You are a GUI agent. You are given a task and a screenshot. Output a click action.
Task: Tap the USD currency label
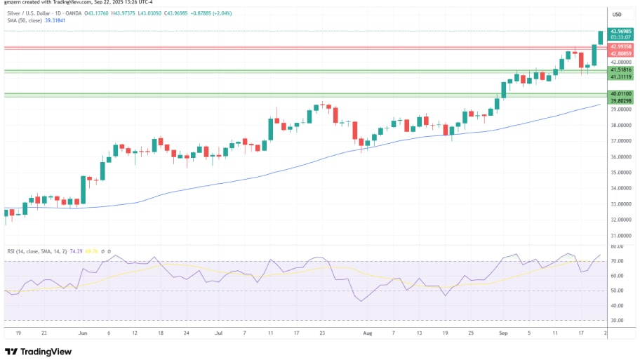618,14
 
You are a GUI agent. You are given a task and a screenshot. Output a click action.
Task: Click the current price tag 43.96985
621,31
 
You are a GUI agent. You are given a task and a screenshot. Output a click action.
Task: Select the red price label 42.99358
621,46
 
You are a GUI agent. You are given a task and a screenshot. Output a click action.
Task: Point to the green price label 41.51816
621,69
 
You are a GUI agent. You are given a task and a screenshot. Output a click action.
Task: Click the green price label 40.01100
621,93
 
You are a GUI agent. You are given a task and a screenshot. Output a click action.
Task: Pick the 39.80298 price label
621,101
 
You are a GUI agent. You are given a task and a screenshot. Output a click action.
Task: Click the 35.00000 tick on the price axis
621,173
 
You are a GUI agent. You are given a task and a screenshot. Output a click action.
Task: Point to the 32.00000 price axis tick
621,220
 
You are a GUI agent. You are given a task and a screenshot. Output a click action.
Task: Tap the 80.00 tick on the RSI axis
618,247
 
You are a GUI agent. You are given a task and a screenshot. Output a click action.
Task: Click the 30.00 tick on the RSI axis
618,320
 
